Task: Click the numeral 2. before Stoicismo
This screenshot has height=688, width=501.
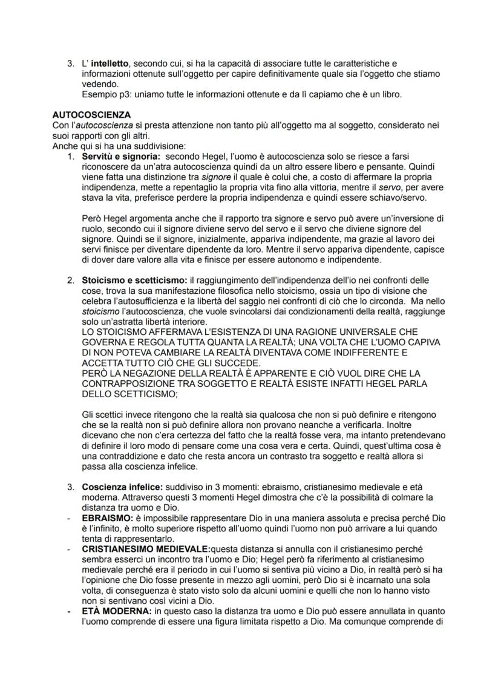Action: point(70,280)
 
